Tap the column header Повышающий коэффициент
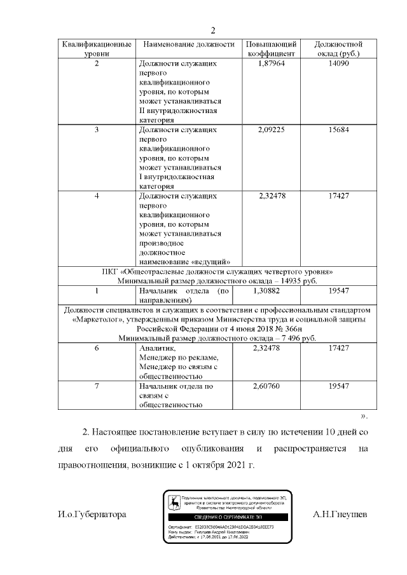click(272, 49)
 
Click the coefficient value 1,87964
click(272, 64)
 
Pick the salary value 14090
click(338, 64)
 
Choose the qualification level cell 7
click(96, 386)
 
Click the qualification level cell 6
click(96, 348)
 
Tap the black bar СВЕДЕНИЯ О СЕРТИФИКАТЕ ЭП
click(227, 518)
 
